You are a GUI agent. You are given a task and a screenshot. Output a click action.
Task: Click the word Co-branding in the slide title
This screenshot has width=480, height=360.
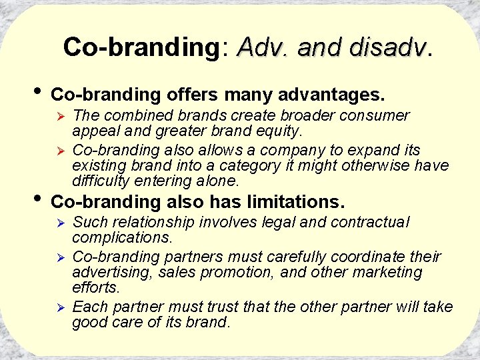(137, 47)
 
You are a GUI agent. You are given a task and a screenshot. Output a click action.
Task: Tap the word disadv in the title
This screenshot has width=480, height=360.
(389, 47)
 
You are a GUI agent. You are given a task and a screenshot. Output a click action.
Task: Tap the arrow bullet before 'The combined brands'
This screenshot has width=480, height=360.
(59, 117)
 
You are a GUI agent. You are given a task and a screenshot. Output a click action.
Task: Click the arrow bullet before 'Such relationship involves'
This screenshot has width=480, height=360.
(59, 223)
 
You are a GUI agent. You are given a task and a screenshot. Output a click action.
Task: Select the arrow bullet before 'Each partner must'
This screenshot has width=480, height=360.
(59, 308)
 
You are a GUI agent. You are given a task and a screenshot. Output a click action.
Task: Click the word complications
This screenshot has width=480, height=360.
(122, 238)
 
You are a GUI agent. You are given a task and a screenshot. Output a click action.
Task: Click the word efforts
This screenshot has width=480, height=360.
(95, 288)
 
